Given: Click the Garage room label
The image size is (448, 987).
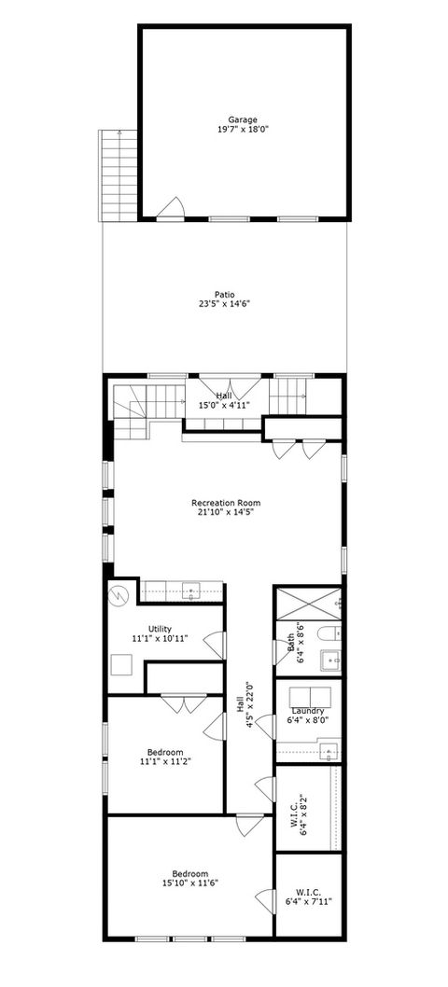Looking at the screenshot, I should [x=243, y=119].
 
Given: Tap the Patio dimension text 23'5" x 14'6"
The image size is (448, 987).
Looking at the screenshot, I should [x=224, y=304].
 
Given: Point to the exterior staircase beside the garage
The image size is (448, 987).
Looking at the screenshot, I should [x=119, y=174].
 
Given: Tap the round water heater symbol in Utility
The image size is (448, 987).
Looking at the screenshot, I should [x=119, y=595].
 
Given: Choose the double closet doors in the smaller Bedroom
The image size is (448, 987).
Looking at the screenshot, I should [x=182, y=703].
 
